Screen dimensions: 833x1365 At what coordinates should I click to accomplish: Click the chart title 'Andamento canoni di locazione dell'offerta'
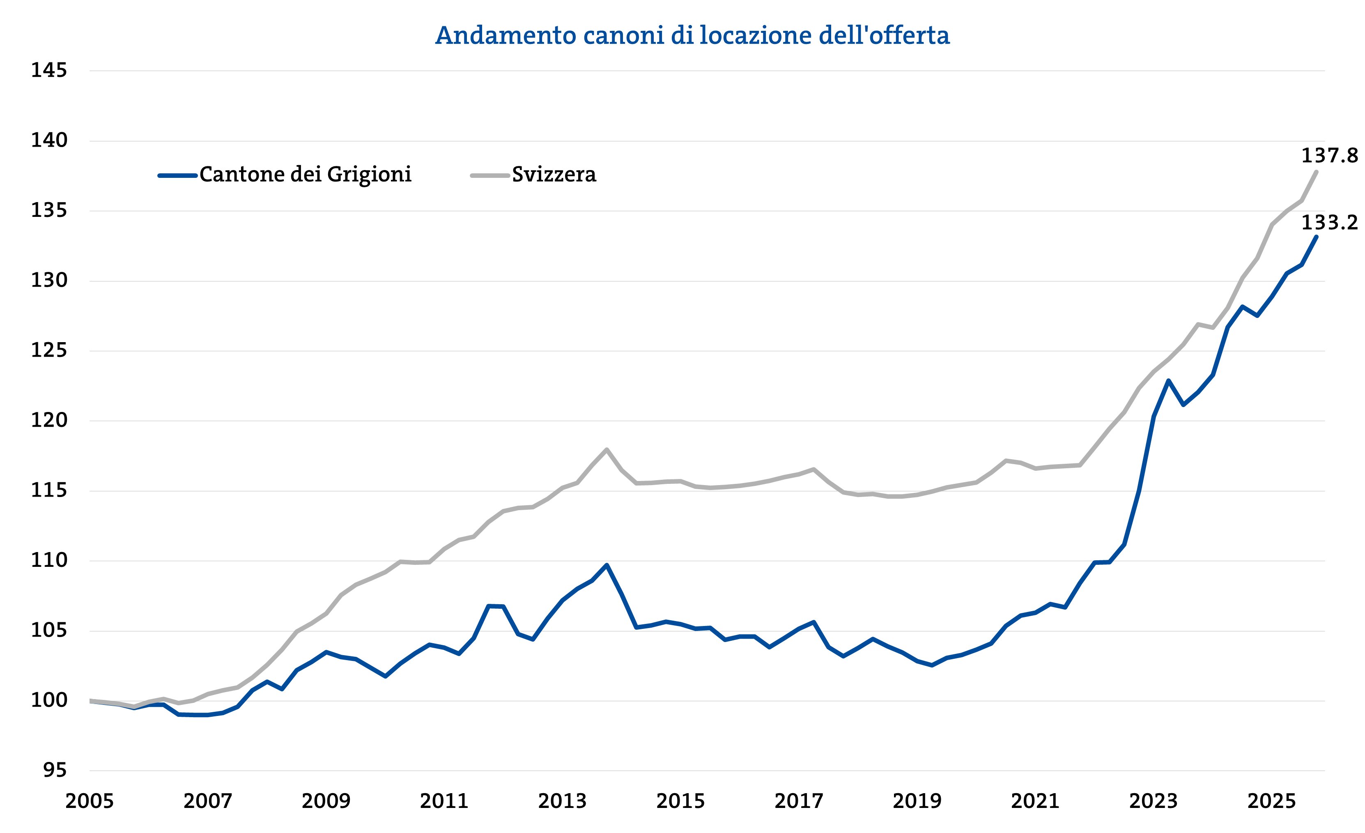[x=692, y=35]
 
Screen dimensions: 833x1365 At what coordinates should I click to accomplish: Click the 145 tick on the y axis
[x=49, y=70]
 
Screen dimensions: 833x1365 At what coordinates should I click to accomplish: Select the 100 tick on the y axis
[x=49, y=701]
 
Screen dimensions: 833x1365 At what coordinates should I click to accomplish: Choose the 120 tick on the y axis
[x=49, y=420]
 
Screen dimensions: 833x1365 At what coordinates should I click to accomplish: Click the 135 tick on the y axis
[x=49, y=211]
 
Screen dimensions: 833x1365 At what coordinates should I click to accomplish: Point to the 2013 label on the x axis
[x=562, y=801]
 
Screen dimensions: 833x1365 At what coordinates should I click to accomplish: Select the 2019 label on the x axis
[x=917, y=801]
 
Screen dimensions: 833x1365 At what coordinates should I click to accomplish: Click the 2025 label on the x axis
[x=1271, y=801]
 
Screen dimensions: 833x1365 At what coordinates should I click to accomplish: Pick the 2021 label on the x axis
[x=1035, y=801]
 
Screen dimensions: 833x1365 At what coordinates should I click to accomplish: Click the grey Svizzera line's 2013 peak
[x=607, y=449]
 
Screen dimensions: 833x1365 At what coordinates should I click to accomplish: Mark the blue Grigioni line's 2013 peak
[x=607, y=565]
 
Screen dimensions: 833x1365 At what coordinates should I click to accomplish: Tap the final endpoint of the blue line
[x=1316, y=237]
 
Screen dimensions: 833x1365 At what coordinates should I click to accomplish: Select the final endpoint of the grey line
[x=1316, y=172]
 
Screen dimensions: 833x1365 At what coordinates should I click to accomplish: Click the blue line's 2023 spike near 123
[x=1168, y=381]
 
